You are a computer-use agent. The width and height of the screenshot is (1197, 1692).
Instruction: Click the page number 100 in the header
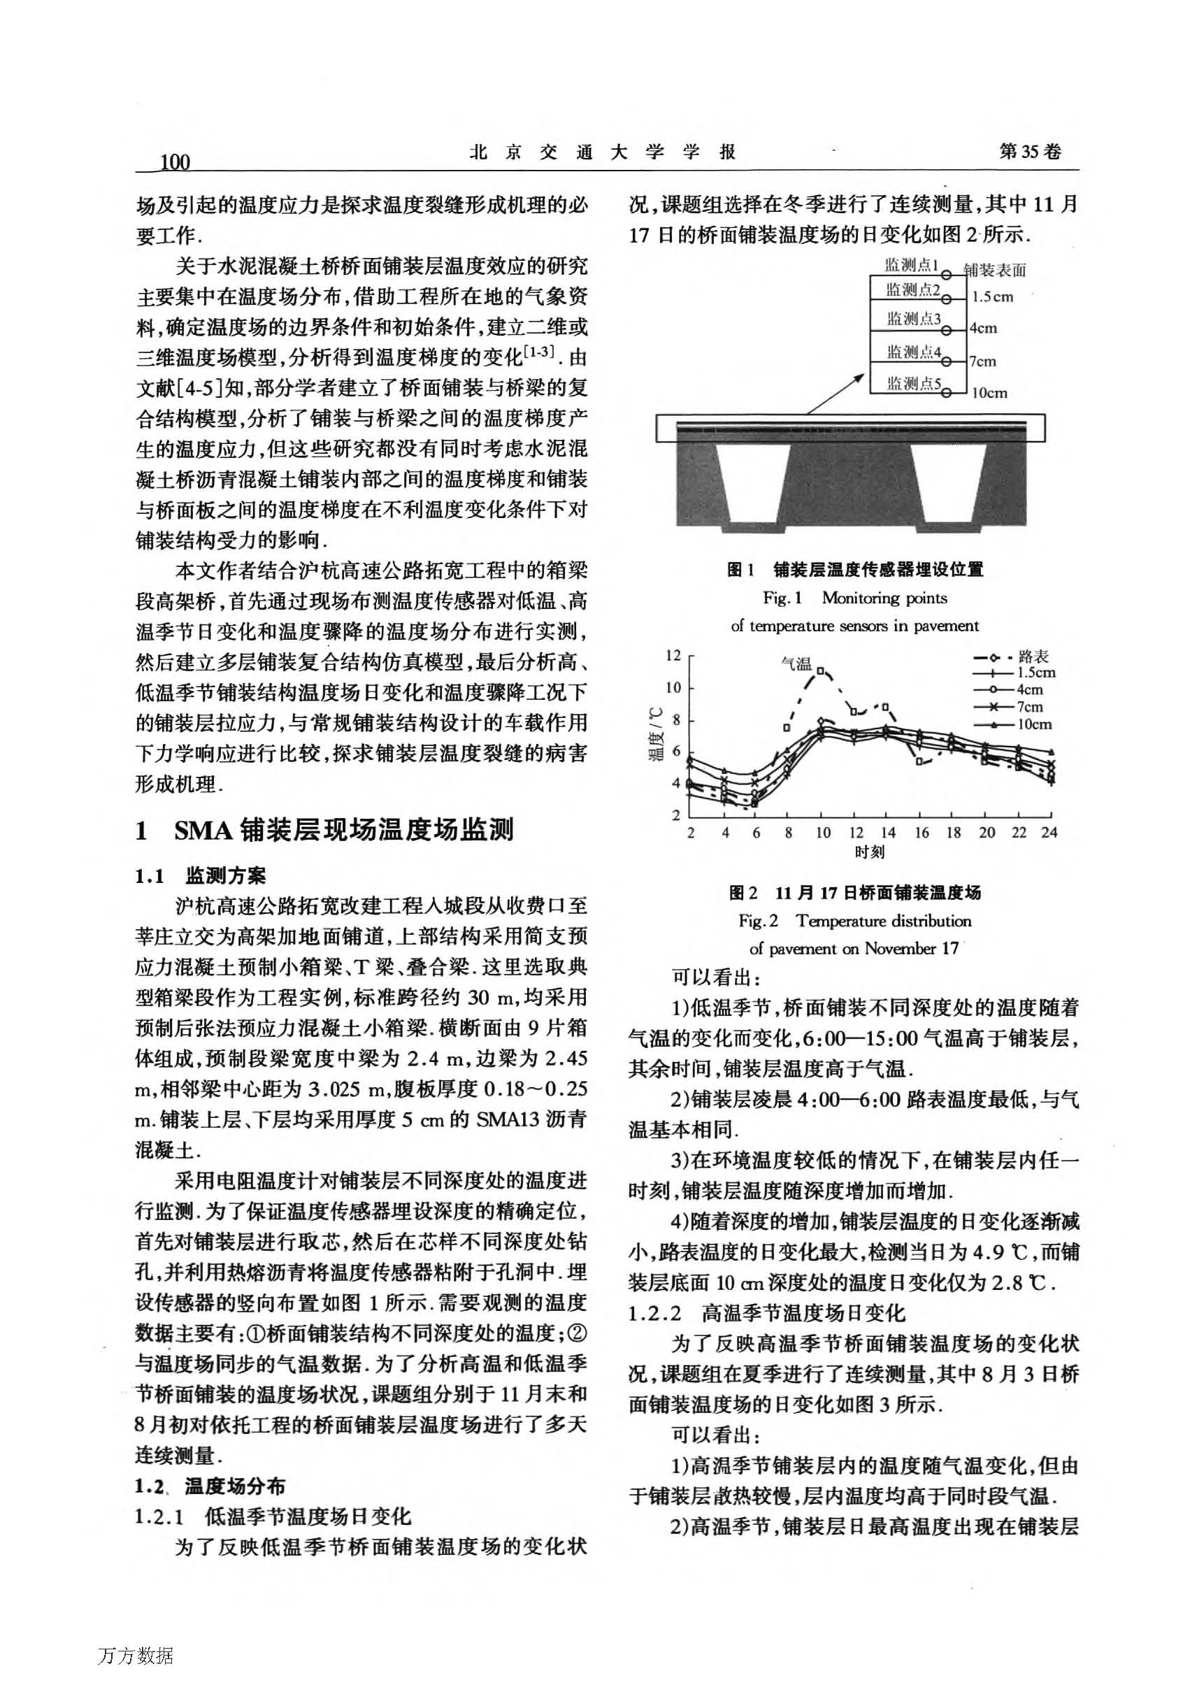coord(175,162)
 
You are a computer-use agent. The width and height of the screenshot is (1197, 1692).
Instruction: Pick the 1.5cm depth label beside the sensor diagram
coord(992,298)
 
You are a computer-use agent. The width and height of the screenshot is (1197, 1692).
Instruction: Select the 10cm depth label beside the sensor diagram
coord(989,394)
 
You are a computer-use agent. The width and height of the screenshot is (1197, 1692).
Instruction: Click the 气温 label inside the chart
coord(796,664)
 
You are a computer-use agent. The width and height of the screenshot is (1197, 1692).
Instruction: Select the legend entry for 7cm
coord(1018,707)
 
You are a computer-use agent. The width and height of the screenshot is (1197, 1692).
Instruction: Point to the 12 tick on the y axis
coord(673,655)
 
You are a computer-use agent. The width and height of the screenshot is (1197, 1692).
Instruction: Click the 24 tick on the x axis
coord(1049,833)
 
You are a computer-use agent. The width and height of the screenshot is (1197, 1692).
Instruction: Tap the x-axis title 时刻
coord(870,852)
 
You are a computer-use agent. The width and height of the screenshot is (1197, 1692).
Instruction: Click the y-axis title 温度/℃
coord(655,733)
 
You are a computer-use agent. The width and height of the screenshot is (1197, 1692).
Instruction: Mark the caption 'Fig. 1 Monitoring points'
coord(855,598)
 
